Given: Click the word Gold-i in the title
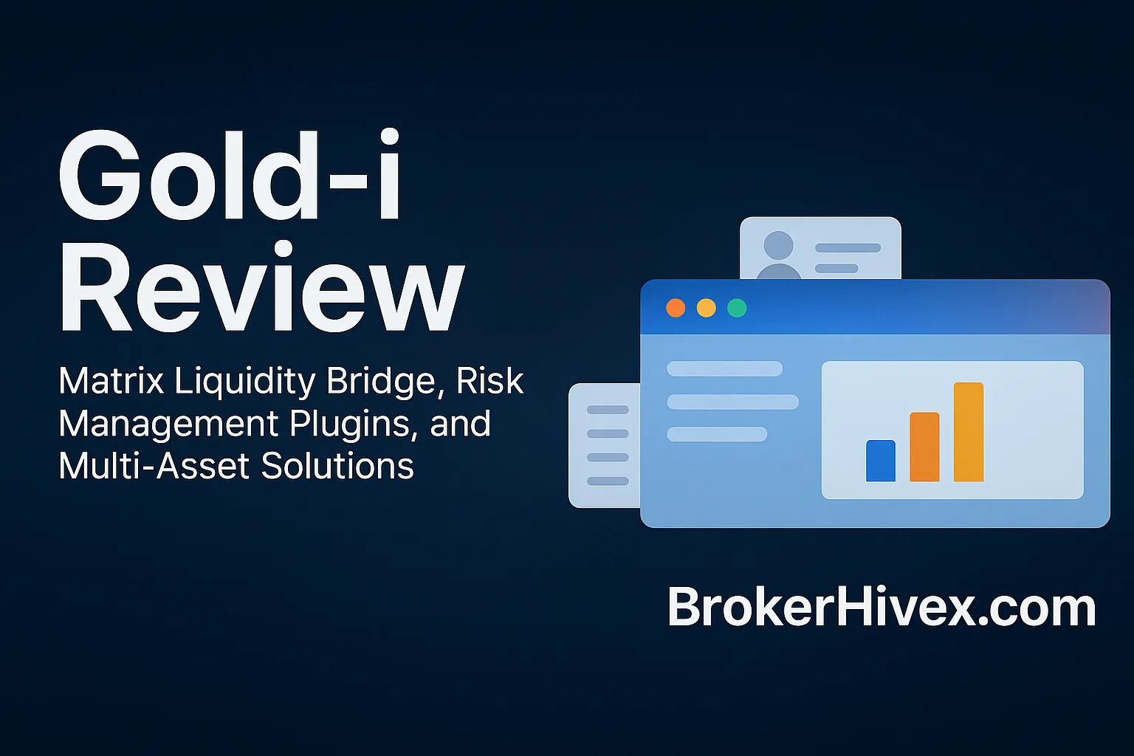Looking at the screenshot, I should [x=230, y=176].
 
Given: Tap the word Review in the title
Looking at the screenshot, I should [x=261, y=289].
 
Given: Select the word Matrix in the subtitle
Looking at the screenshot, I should [x=111, y=381].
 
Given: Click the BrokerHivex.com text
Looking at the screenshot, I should [x=882, y=608].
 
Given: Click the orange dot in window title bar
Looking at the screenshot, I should [x=676, y=308].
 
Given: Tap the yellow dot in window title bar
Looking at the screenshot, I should [x=707, y=308].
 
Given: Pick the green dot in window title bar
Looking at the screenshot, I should [x=737, y=308].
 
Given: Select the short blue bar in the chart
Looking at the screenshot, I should [x=880, y=461].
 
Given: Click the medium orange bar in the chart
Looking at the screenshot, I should [x=924, y=447].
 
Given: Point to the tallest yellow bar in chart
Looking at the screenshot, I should [x=969, y=432].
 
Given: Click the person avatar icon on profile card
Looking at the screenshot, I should [x=779, y=255].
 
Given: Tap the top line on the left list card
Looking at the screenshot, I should [x=608, y=410].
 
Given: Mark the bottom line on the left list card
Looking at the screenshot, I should [x=608, y=481].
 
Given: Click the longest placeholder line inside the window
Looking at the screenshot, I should [x=732, y=402].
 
